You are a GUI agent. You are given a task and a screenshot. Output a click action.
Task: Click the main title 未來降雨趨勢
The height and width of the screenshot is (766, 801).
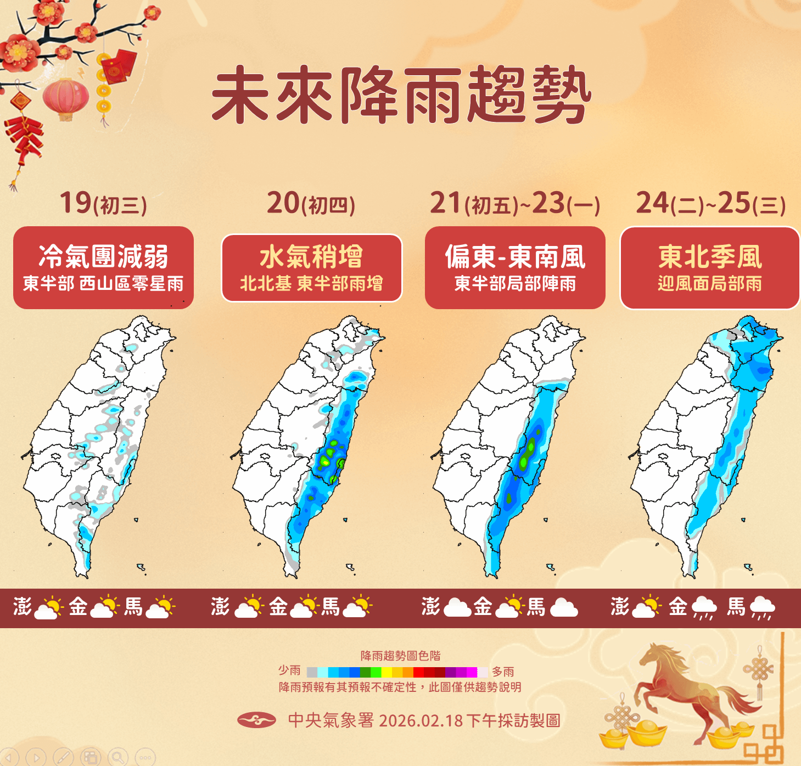point(401,94)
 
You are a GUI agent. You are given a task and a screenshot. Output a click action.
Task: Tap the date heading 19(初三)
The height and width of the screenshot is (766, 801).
point(103,203)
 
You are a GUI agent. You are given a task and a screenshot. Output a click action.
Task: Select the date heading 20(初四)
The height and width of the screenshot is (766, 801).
point(311,203)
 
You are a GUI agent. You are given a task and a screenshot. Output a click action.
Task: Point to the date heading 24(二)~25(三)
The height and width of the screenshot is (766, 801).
point(710,203)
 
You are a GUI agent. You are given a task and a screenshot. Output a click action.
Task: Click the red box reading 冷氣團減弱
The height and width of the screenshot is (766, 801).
point(103,267)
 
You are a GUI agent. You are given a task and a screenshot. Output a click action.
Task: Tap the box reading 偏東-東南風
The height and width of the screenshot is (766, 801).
point(515,267)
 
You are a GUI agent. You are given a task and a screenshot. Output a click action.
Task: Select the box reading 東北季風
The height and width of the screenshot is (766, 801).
point(710,267)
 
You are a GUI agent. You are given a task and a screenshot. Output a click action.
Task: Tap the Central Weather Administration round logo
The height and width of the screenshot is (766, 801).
point(256,720)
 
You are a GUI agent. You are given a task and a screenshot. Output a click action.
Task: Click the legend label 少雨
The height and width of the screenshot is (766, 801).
point(289,670)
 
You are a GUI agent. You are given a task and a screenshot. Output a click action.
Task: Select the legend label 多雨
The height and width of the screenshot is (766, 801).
point(503,672)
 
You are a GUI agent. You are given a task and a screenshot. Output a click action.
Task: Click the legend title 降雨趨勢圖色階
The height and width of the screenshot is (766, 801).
point(400,656)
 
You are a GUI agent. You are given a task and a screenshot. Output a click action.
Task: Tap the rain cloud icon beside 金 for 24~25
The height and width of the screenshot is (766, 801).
point(704,607)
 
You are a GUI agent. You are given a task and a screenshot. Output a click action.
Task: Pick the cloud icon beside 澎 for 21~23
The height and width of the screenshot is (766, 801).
point(457,607)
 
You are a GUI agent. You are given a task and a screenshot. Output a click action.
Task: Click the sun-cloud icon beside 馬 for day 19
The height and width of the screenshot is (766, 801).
point(160,607)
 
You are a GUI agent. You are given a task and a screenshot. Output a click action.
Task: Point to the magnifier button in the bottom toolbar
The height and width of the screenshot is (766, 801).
point(117,758)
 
